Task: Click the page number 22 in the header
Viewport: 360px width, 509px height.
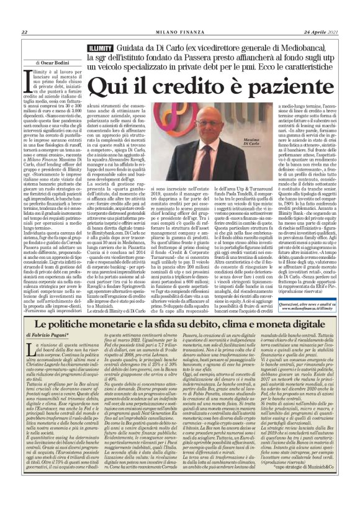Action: tap(23, 32)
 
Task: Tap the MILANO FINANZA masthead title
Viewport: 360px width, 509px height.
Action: tap(179, 32)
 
